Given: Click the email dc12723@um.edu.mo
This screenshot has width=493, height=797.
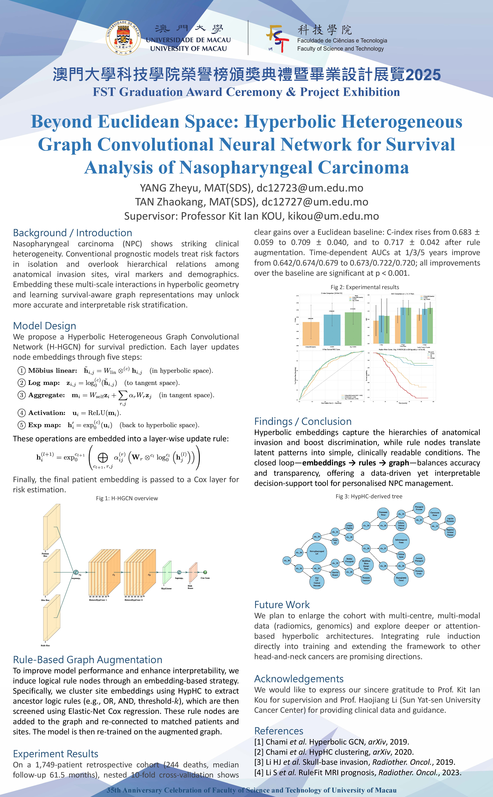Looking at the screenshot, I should (x=310, y=188).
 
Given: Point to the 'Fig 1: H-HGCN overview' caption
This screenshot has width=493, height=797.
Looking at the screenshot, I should (x=127, y=498).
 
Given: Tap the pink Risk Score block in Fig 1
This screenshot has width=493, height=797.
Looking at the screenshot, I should (x=193, y=573).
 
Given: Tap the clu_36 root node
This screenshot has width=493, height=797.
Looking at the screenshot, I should (x=287, y=560).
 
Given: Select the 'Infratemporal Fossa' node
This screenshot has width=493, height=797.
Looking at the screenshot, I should (x=401, y=541).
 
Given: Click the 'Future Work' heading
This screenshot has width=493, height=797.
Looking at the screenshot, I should (x=282, y=605).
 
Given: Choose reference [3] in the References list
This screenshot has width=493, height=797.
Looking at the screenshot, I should (x=354, y=762).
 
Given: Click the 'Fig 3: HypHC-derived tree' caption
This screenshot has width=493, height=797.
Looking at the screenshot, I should (x=369, y=496).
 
